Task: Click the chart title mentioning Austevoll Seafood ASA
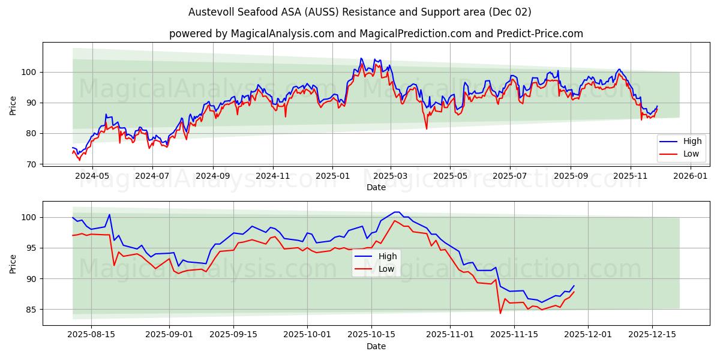pyautogui.click(x=359, y=12)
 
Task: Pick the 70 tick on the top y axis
pyautogui.click(x=31, y=164)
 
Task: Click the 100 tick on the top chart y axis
pyautogui.click(x=28, y=73)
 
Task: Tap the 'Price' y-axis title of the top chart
pyautogui.click(x=13, y=106)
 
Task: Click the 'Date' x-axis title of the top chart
pyautogui.click(x=376, y=187)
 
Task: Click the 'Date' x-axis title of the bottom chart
pyautogui.click(x=376, y=346)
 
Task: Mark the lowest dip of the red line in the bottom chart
pyautogui.click(x=500, y=313)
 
